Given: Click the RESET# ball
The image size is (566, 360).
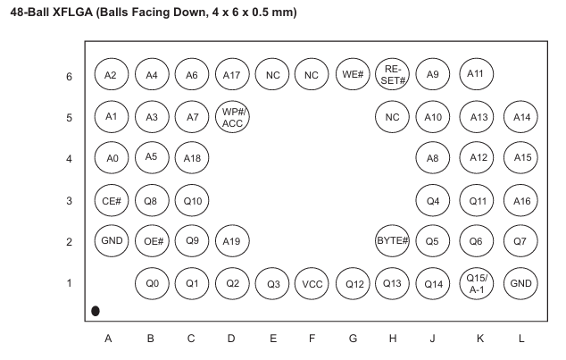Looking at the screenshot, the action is pos(393,75).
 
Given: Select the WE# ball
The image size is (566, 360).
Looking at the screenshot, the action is pos(353,75).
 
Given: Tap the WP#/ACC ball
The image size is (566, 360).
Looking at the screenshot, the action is pos(232,117).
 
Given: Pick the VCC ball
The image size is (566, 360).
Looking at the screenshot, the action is pos(312,284).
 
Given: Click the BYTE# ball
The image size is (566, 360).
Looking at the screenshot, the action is pos(393,241).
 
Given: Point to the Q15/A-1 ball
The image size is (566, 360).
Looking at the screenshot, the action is pos(477,284).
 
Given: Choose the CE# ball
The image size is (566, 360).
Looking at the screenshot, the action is pos(112,201).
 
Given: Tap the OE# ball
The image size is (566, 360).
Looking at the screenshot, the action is pos(152,241).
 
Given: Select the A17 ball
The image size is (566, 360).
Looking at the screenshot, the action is pos(232,75).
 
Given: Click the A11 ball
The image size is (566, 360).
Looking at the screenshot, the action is pos(477,74).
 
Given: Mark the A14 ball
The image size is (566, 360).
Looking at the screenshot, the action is pos(520,117).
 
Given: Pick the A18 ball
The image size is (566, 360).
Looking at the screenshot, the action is pos(192,158).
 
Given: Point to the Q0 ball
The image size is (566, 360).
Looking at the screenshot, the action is pos(152,284).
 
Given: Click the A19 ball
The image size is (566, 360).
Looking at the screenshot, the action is pos(232,241).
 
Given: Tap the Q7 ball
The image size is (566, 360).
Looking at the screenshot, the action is pos(520,241).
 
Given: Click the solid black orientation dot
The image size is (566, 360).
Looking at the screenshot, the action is pos(96,311).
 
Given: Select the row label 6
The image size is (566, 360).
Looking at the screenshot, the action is pos(69,77).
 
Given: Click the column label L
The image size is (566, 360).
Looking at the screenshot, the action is pos(521,339).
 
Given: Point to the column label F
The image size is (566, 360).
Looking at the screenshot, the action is pos(312,339).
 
